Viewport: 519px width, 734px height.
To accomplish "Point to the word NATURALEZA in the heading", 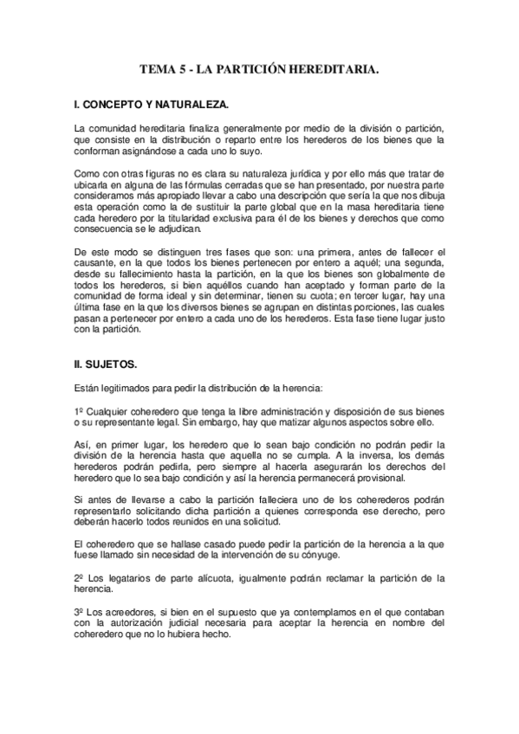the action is click(195, 105).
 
